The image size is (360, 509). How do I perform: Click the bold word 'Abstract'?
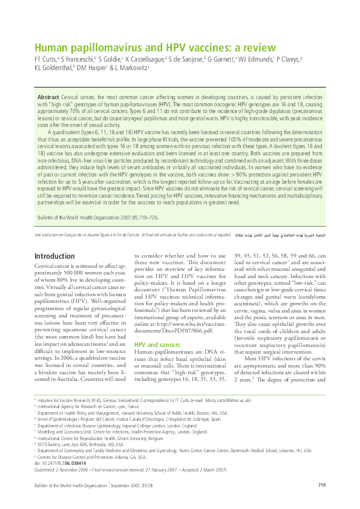click(x=48, y=97)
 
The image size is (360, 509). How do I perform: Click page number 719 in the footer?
click(x=322, y=485)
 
